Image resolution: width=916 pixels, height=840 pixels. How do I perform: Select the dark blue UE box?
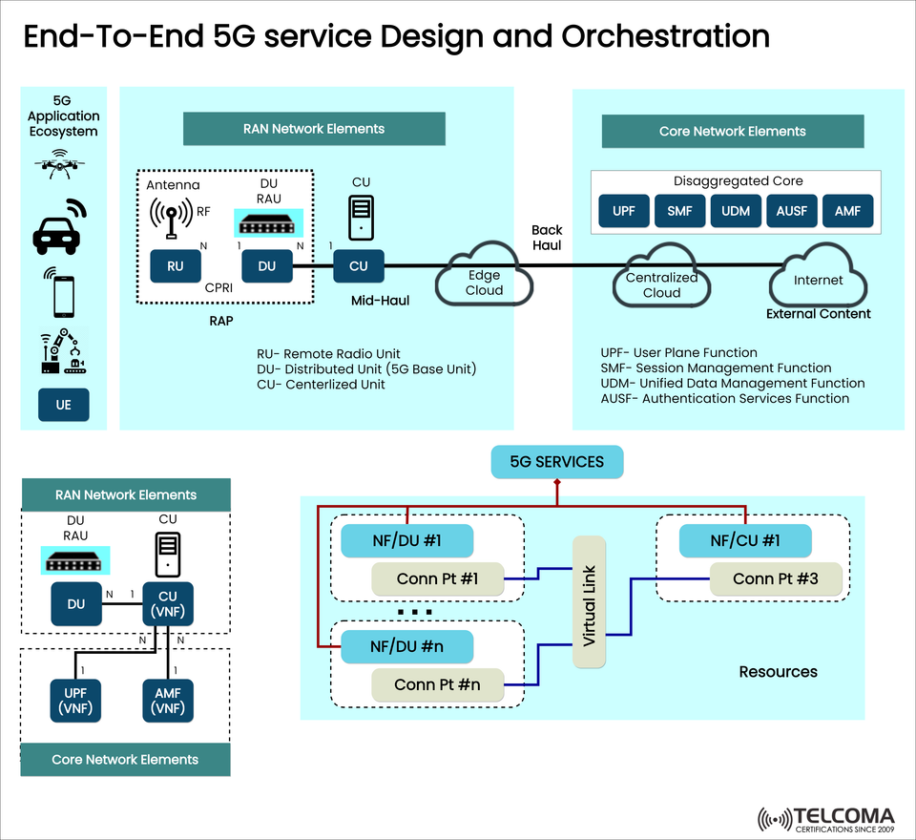(x=63, y=405)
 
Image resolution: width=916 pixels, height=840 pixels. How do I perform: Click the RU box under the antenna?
(x=176, y=266)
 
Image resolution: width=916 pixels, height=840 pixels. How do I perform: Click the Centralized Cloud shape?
(x=661, y=279)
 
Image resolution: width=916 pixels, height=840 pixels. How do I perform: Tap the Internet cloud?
(x=818, y=276)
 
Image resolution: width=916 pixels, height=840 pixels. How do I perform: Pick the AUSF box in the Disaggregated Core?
(x=791, y=211)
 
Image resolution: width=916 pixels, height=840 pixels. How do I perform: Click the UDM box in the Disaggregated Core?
(x=735, y=211)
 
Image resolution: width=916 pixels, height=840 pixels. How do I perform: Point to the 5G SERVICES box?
(x=556, y=462)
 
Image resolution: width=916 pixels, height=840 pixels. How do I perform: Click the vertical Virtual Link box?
(x=590, y=602)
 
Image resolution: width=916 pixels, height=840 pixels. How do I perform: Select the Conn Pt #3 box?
(x=777, y=578)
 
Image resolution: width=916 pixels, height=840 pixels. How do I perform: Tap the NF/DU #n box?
(x=407, y=646)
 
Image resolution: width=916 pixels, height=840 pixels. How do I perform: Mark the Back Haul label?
(x=547, y=238)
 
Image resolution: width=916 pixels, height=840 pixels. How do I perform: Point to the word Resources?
(x=778, y=672)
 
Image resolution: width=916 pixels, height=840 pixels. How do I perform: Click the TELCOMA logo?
(x=826, y=819)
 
